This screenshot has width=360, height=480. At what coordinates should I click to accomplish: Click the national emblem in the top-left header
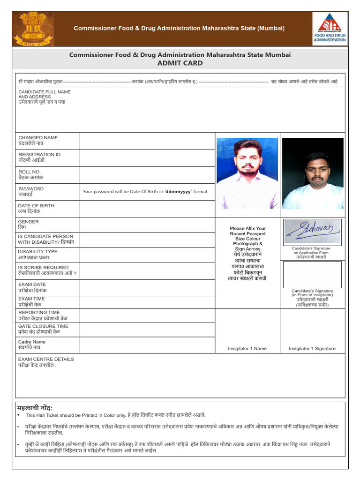pyautogui.click(x=33, y=28)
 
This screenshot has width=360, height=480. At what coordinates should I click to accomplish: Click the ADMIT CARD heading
pyautogui.click(x=180, y=63)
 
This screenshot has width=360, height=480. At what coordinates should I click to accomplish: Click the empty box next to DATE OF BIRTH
pyautogui.click(x=147, y=209)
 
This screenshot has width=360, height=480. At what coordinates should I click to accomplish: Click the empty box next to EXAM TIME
pyautogui.click(x=147, y=302)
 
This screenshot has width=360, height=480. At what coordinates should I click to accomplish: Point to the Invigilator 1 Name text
pyautogui.click(x=247, y=348)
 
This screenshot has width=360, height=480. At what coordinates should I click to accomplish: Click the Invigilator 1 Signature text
pyautogui.click(x=312, y=348)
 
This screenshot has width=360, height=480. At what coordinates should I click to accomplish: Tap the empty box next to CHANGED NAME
pyautogui.click(x=147, y=141)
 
